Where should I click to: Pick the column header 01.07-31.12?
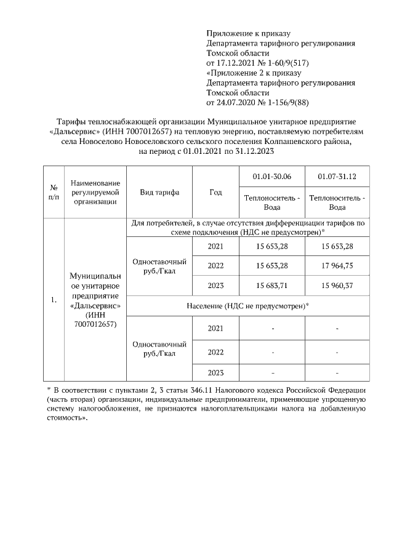click(337, 177)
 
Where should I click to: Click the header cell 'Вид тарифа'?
click(159, 192)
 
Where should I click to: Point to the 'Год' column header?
click(215, 192)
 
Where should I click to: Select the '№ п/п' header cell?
click(54, 192)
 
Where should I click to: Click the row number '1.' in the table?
click(54, 300)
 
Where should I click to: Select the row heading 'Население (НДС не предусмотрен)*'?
click(247, 306)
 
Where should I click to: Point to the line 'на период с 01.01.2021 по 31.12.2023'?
click(206, 151)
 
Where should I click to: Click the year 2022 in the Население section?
click(215, 352)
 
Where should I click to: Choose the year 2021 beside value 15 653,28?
click(215, 246)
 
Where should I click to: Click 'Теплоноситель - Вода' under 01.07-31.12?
click(337, 202)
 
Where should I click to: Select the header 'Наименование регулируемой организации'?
click(95, 192)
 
